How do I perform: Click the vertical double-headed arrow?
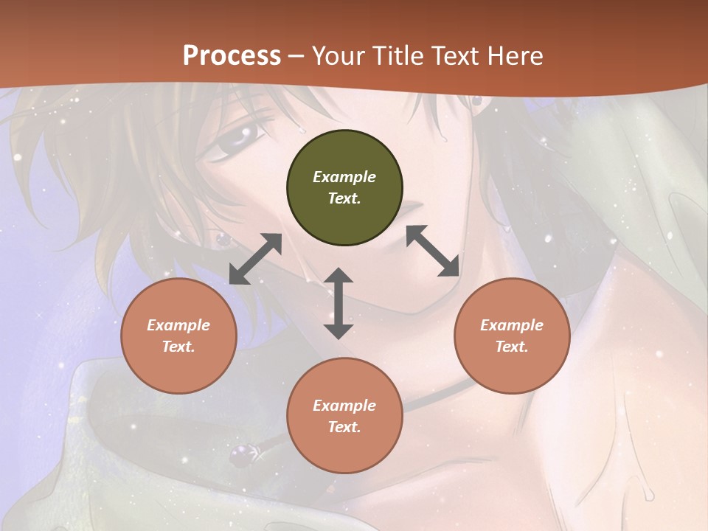point(339,303)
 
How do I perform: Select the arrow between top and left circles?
point(255,259)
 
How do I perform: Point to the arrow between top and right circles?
point(433,251)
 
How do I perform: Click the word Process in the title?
point(232,55)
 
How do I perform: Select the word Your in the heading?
point(336,55)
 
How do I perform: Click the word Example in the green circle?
point(344,177)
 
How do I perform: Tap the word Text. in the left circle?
point(178,347)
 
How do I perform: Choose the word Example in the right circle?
point(512,325)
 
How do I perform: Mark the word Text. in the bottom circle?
point(344,427)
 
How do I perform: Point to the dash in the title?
point(296,56)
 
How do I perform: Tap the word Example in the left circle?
point(178,325)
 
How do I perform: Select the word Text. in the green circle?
point(344,198)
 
